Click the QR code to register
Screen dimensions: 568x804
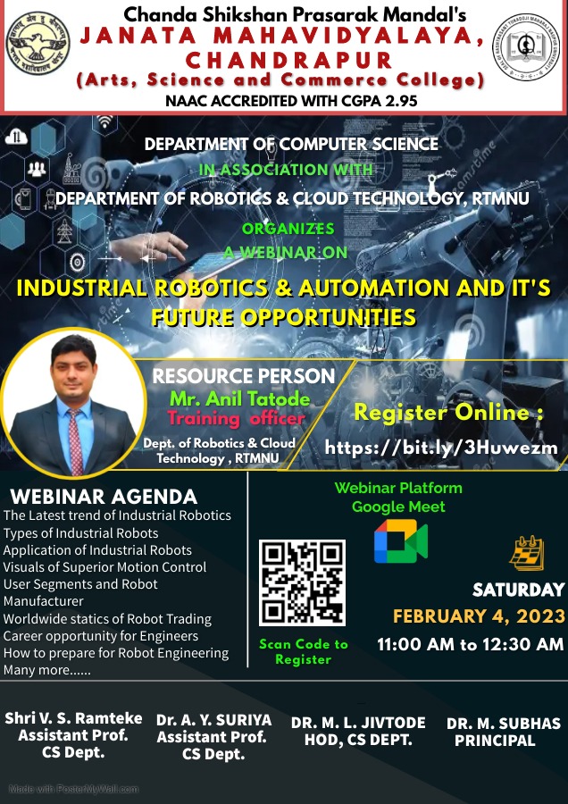(302, 582)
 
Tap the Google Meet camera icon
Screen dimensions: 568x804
(400, 541)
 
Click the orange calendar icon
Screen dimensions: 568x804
(527, 553)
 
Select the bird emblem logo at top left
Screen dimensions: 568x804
(38, 44)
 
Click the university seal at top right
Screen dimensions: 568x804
(526, 47)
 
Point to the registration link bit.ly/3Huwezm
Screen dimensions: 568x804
(441, 448)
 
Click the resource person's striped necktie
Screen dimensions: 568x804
(75, 441)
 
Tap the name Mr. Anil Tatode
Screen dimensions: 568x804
(240, 398)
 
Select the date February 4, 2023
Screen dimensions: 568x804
(479, 616)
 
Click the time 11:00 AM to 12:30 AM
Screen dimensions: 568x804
(471, 644)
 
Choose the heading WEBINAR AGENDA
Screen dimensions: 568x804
(104, 497)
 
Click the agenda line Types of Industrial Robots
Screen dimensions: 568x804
(81, 533)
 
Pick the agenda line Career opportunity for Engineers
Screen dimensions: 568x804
(101, 636)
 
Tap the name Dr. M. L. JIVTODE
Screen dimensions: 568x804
(358, 723)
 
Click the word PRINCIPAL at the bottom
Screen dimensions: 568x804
(495, 741)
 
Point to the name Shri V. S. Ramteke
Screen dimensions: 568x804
(73, 718)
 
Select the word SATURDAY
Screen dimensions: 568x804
(518, 590)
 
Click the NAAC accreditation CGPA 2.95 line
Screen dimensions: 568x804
(291, 100)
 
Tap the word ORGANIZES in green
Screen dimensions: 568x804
(288, 229)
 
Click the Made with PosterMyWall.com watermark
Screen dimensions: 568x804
(74, 789)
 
